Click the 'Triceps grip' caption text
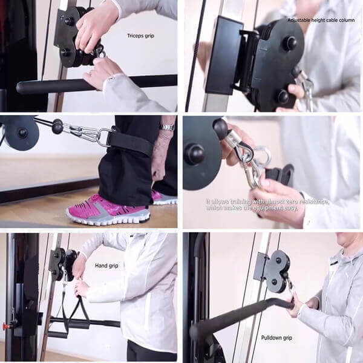140,36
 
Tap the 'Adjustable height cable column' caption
321,21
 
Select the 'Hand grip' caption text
106,266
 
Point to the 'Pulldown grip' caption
276,338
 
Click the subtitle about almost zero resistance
267,205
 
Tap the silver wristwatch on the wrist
167,127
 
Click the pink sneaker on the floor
108,210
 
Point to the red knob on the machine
5,326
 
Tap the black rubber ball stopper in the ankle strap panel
57,126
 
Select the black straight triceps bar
95,84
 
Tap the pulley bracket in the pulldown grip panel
273,271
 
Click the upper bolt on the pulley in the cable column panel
290,41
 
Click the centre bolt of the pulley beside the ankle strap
22,132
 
